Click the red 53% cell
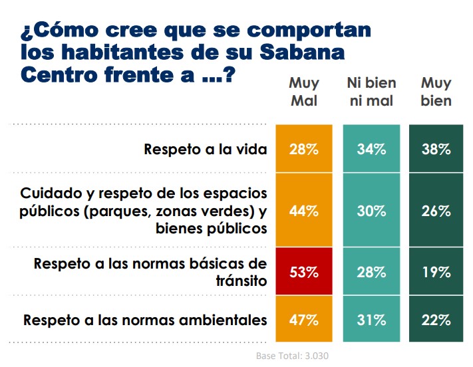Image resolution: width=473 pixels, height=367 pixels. point(303,273)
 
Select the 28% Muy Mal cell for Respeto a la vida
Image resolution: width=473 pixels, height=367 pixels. point(303,149)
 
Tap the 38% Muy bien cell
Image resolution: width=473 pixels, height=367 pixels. point(436,149)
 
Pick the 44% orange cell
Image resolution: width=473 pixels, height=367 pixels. point(303,211)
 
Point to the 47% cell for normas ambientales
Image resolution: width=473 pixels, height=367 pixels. point(303,320)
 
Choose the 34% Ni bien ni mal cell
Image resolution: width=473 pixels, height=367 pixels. point(371,149)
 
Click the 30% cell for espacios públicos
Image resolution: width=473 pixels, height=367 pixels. point(371,211)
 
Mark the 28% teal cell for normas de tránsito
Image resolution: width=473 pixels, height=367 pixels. point(371,273)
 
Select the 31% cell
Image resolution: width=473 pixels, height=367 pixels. point(371,320)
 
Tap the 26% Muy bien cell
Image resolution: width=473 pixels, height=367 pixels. point(436,211)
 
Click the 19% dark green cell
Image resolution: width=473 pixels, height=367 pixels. point(436,273)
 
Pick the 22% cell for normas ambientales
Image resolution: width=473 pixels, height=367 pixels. point(436,320)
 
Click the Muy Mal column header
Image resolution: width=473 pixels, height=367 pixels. point(303,92)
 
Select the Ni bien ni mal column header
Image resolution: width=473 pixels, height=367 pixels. point(371,92)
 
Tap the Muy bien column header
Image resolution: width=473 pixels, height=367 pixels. point(436,92)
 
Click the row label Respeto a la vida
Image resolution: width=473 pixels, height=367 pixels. point(205,149)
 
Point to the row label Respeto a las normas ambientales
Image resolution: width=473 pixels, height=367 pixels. point(145,320)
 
